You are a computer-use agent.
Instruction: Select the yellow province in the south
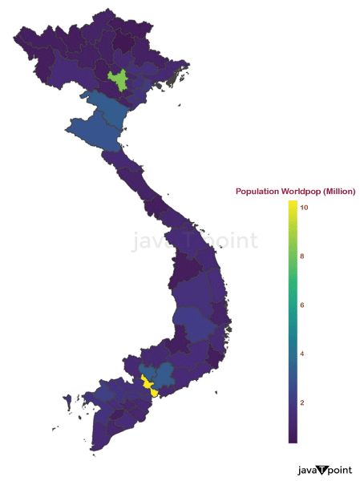coord(149,384)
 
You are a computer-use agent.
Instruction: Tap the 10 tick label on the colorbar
coord(304,208)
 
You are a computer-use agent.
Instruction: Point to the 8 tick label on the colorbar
coord(302,257)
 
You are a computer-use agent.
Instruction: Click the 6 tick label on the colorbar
coord(302,305)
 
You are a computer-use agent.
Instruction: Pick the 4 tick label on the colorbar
coord(302,354)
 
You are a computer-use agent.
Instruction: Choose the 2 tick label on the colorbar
coord(302,402)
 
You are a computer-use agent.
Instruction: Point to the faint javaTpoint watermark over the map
coord(195,240)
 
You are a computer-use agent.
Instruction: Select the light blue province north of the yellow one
coord(163,372)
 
